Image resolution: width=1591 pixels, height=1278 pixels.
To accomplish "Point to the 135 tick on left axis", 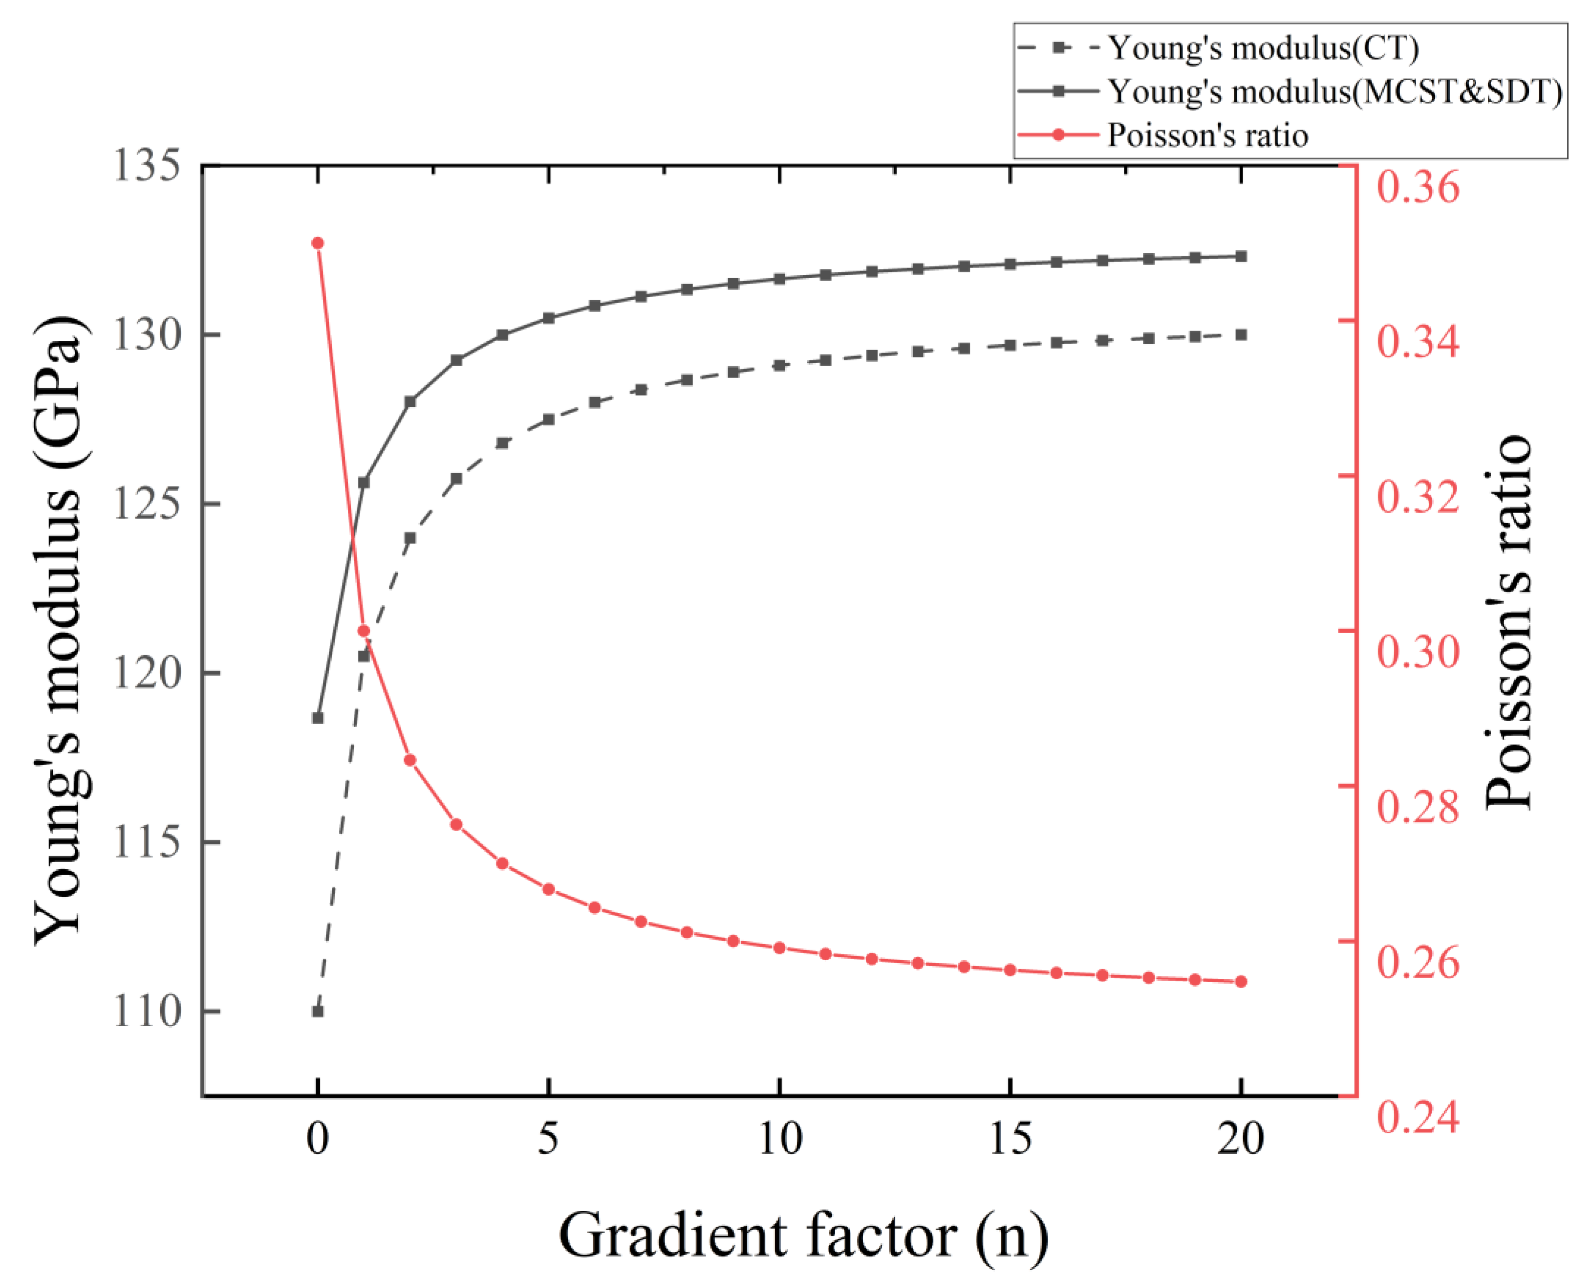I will [146, 165].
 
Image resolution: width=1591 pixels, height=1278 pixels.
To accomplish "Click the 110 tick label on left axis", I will [146, 1012].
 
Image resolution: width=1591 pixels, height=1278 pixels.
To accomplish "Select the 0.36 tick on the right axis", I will [1418, 187].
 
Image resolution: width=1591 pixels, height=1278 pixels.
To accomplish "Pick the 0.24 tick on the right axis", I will [1418, 1117].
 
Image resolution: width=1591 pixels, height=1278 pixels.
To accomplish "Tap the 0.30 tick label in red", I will [1418, 652].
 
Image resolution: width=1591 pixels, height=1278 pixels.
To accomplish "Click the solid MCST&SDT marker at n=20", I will [1241, 256].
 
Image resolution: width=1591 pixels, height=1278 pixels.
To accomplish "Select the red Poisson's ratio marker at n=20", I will [1241, 981].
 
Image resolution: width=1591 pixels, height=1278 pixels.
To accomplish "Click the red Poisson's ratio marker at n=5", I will [548, 890].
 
